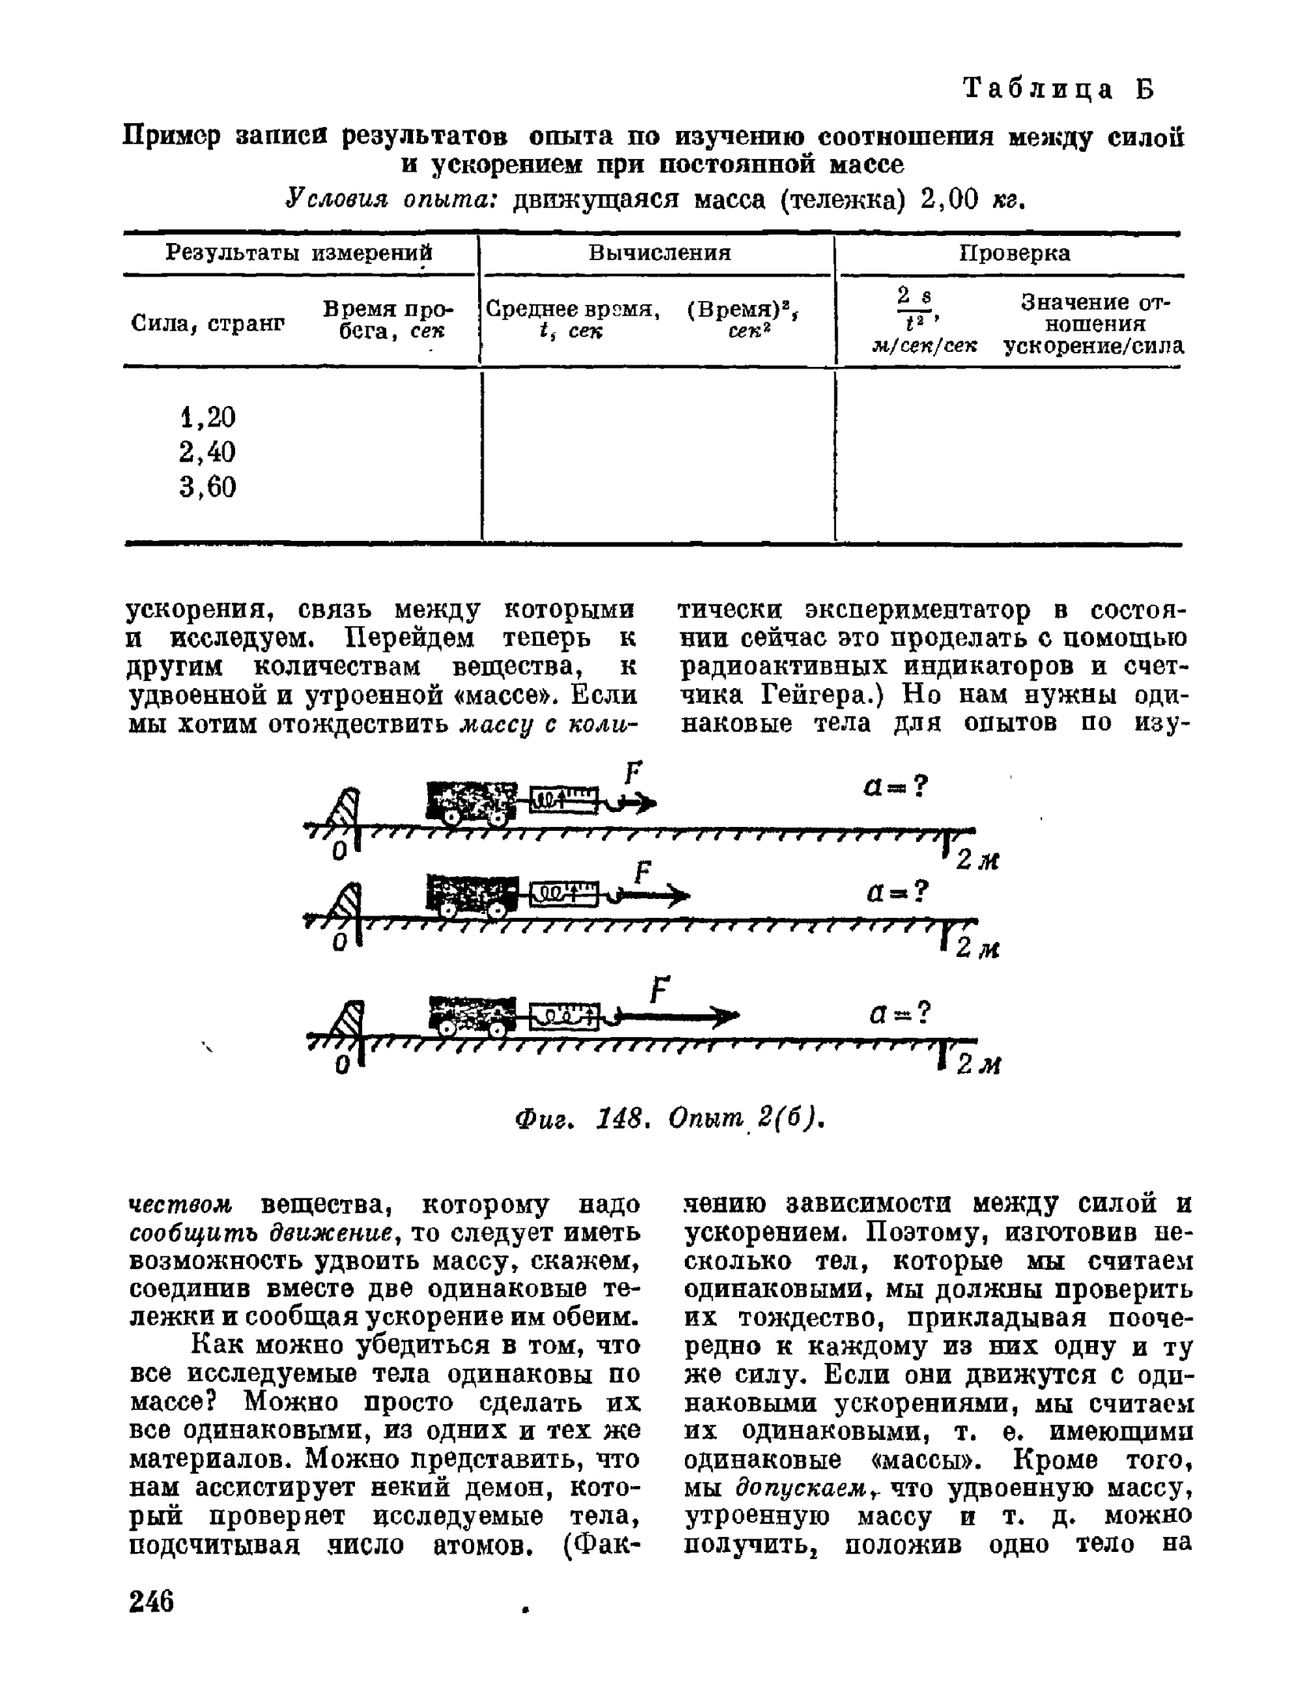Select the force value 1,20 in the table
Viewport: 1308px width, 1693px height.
click(207, 417)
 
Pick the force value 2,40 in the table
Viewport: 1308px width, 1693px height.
click(207, 452)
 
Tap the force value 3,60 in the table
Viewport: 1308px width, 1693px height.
click(207, 488)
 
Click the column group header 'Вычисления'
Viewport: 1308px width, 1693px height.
click(659, 252)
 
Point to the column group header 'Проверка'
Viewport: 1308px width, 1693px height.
click(1014, 252)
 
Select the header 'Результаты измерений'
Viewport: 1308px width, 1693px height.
click(299, 252)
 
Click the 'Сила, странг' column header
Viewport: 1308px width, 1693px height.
click(207, 322)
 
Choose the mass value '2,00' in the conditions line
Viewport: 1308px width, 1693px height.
click(950, 201)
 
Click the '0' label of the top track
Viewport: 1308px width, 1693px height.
click(339, 850)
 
